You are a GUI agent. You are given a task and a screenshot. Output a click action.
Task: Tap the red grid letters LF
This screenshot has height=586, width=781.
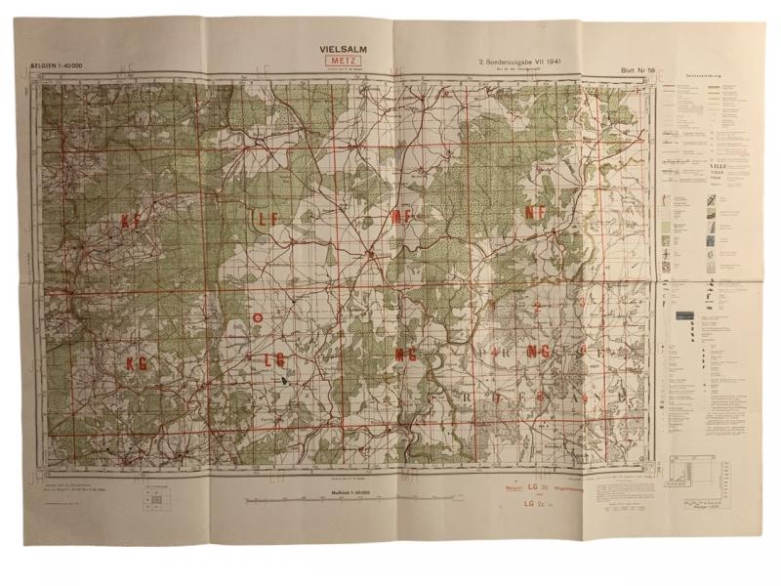point(268,219)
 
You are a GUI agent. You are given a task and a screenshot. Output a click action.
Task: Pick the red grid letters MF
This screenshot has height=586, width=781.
point(402,217)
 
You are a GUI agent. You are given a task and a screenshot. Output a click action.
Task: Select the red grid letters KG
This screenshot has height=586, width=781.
point(136,362)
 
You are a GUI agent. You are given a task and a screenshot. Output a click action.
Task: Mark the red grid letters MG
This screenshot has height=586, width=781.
point(406,356)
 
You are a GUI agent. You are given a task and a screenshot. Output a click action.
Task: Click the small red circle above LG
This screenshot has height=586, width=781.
point(257,316)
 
